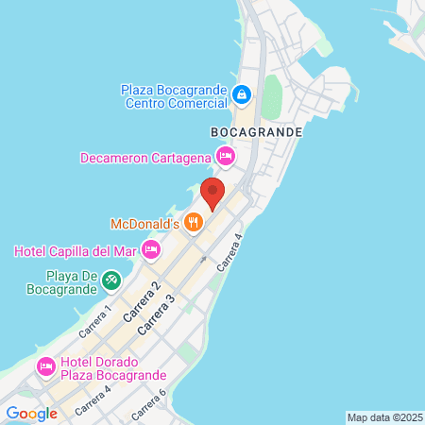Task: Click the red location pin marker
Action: point(212,193)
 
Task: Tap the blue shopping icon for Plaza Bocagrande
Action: point(242,95)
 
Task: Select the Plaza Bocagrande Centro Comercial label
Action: point(174,95)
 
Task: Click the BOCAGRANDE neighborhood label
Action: point(257,133)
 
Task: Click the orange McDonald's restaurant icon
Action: point(194,223)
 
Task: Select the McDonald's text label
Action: point(144,224)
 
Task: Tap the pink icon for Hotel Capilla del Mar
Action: point(151,250)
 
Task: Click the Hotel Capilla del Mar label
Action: point(76,250)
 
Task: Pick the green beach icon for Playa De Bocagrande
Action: point(110,280)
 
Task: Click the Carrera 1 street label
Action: point(95,320)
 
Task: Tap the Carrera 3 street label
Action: point(156,313)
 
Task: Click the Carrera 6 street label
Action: point(149,403)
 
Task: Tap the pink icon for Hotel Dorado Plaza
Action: point(44,366)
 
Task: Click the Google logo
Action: point(31,413)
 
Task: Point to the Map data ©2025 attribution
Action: point(382,417)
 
